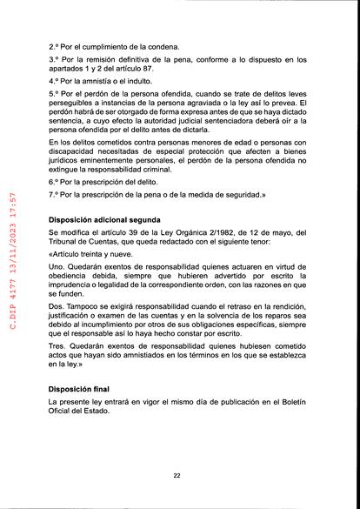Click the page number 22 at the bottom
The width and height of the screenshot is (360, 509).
tap(177, 476)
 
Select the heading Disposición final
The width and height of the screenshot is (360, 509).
tap(81, 388)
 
